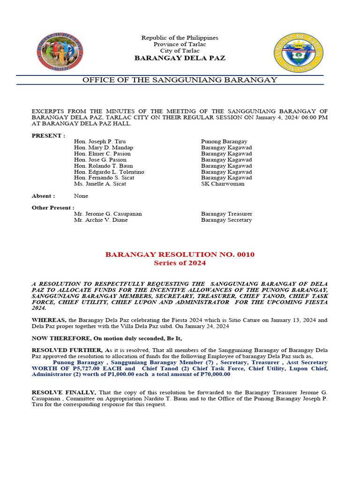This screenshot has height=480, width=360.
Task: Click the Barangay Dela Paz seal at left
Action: pos(60,52)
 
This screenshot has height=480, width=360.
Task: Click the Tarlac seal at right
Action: pos(299,52)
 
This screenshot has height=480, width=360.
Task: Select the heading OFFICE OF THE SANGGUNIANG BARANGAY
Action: pos(180,80)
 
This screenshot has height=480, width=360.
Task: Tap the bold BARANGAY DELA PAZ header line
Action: pos(180,58)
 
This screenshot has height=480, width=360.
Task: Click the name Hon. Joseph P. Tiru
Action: pos(100,142)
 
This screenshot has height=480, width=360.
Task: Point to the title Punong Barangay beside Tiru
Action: pos(224,142)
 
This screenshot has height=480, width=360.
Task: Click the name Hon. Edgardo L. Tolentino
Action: pos(109,172)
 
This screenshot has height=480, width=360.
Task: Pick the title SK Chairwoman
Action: pos(223,184)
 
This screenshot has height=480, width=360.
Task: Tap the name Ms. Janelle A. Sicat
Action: pos(100,184)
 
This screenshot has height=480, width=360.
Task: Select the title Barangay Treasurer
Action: pos(226,214)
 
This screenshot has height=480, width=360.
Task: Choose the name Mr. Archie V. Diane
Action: pos(101,220)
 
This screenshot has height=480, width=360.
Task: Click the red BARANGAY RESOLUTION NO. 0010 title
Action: pos(180,255)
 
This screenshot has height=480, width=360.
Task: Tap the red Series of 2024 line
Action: pos(180,263)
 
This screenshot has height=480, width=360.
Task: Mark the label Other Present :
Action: pos(52,208)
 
